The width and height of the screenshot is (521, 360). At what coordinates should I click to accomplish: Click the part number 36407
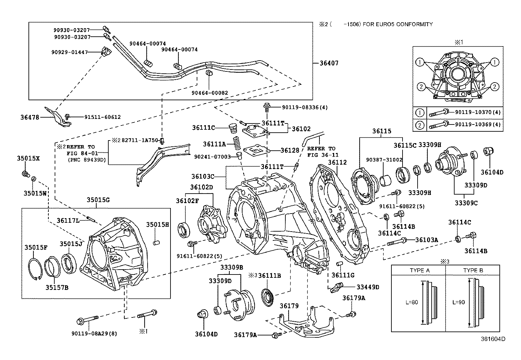(x=329, y=63)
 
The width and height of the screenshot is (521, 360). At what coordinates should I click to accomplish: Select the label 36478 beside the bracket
(x=30, y=117)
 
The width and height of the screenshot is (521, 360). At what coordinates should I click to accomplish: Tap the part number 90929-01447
(x=69, y=52)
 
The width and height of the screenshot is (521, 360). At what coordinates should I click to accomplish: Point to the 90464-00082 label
(x=210, y=93)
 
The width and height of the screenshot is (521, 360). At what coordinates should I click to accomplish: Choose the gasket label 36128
(x=290, y=150)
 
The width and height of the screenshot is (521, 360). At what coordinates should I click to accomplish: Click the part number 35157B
(x=57, y=288)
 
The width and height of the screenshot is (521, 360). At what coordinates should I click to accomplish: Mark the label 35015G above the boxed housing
(x=98, y=199)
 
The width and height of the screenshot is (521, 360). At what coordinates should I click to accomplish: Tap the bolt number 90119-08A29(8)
(x=94, y=334)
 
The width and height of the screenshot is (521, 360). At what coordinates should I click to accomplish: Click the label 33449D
(x=368, y=287)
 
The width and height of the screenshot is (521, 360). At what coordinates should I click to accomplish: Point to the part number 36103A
(x=426, y=240)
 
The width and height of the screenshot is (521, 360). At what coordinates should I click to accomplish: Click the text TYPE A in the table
(x=420, y=270)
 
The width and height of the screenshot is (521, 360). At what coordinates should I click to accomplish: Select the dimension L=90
(x=458, y=302)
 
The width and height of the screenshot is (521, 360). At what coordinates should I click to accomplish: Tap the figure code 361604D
(x=493, y=339)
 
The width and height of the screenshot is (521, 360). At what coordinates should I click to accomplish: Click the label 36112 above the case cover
(x=337, y=162)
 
